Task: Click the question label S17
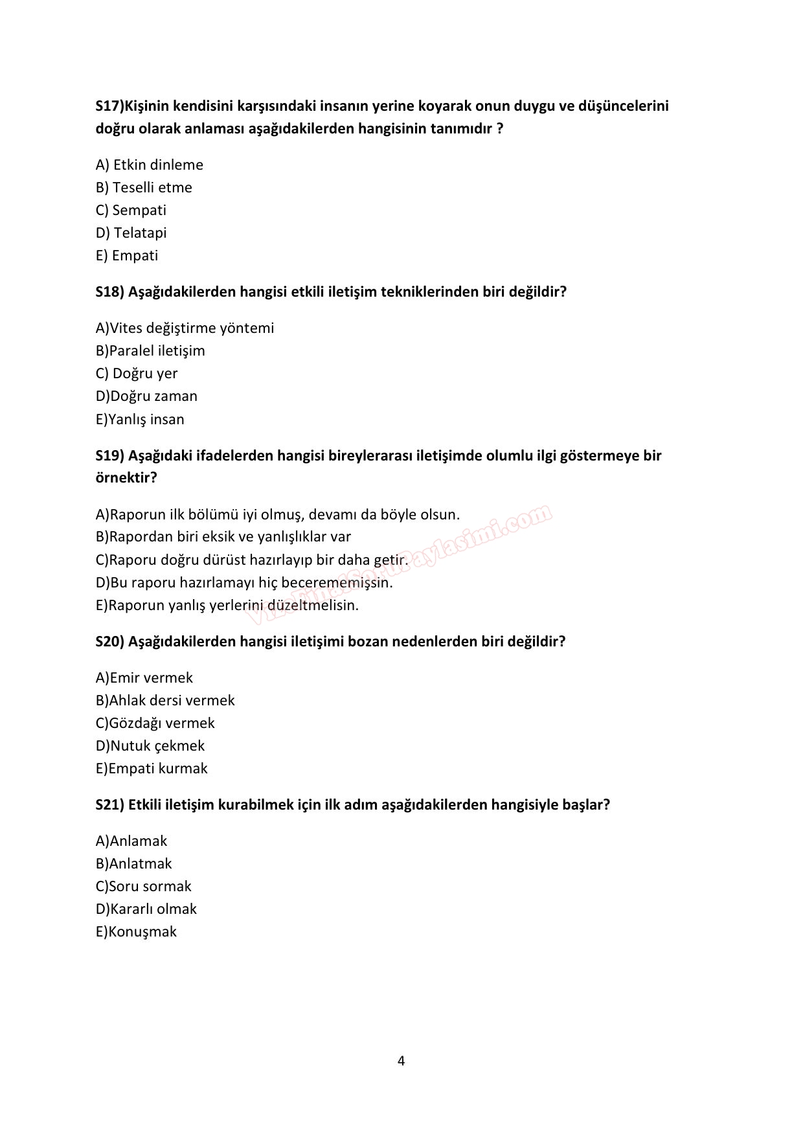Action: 108,106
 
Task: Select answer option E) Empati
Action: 127,255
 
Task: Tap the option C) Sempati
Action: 131,210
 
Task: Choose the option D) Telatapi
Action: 131,233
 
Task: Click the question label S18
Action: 109,291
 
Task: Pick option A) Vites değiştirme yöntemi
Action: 185,328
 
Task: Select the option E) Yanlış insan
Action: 140,419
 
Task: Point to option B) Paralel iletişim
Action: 150,350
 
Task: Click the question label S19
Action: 109,455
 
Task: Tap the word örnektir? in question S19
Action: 126,478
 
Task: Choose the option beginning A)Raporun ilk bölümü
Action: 277,514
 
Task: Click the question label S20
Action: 109,641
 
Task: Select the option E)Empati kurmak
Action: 152,768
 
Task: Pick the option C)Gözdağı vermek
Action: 155,723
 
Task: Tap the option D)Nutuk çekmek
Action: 150,745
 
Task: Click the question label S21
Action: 109,804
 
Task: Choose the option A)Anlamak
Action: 131,841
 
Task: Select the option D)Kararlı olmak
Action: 146,909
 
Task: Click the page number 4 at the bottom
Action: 401,1061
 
